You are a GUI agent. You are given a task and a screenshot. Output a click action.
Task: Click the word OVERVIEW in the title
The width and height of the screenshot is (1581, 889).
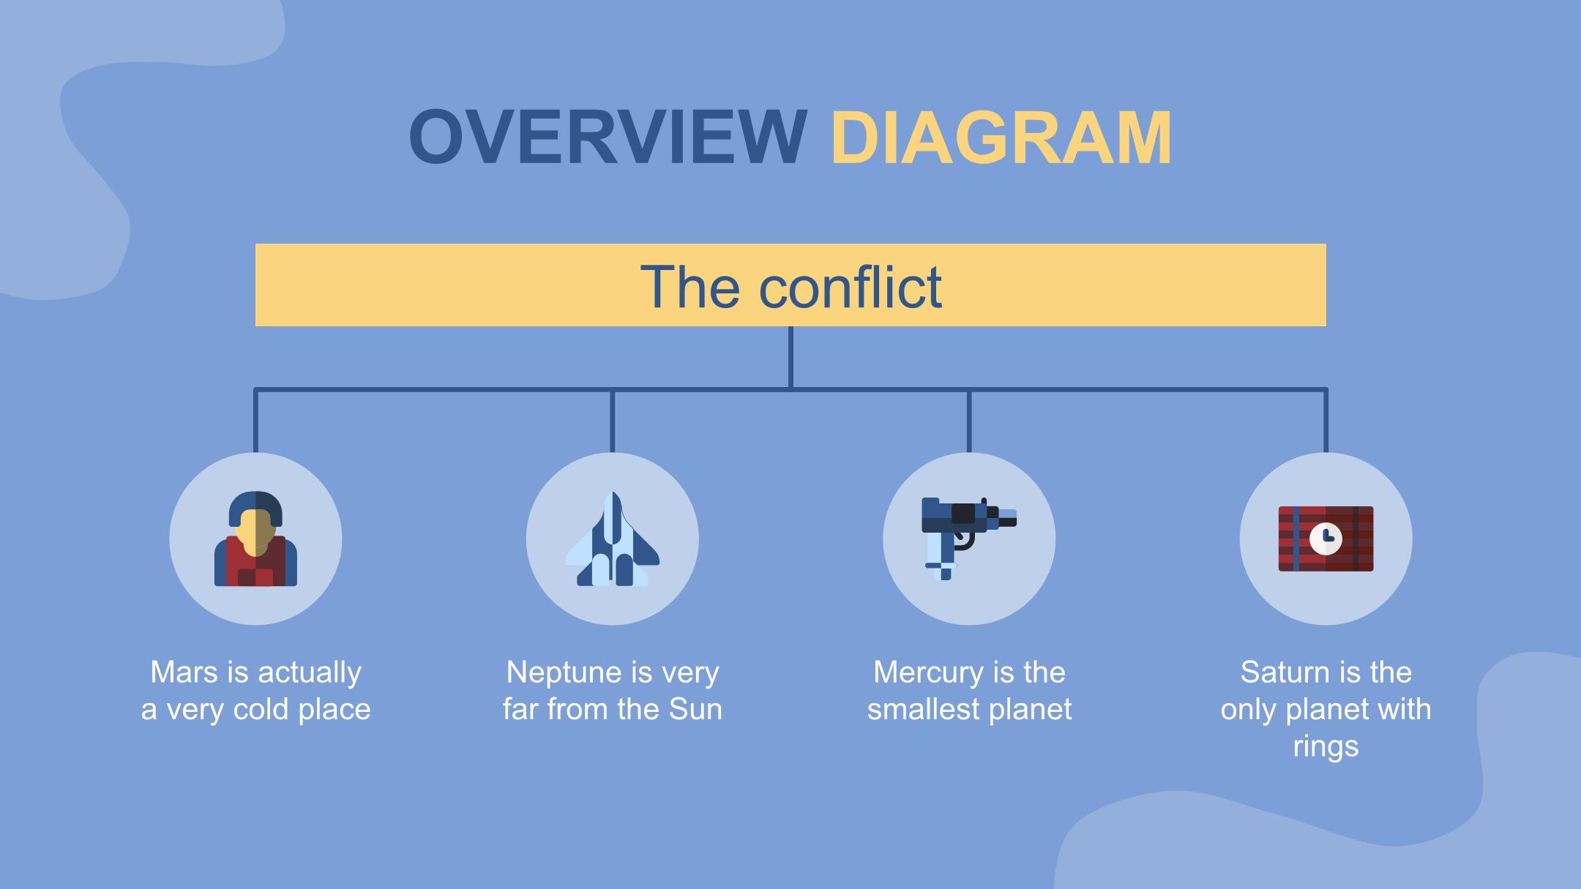coord(608,138)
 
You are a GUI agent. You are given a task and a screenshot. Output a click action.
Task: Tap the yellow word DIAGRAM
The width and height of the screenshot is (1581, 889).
coord(1001,138)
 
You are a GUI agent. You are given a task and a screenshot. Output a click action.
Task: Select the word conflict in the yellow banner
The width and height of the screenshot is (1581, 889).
coord(850,286)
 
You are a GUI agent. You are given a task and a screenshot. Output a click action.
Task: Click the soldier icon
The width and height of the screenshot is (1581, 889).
coord(255,539)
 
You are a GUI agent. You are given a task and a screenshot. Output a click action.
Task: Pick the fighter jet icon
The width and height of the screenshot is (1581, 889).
coord(613,539)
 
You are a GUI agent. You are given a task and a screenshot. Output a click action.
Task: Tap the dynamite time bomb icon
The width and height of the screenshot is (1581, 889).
coord(1326,539)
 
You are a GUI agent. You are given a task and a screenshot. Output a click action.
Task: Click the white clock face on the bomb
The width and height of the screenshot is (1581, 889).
coord(1326,539)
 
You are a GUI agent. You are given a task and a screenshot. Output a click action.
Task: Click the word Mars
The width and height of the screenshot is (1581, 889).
coord(184,672)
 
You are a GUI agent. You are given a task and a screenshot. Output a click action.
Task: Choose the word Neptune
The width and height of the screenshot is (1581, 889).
coord(556,672)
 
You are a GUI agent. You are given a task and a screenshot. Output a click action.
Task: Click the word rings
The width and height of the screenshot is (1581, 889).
coord(1326,746)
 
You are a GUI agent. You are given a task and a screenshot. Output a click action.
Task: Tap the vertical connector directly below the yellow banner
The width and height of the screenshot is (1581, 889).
coord(790,357)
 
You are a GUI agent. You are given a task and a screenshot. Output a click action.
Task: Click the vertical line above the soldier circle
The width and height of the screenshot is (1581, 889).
coord(255,421)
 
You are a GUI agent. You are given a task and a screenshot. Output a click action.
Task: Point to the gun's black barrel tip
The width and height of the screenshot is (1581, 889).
coord(1008,521)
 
